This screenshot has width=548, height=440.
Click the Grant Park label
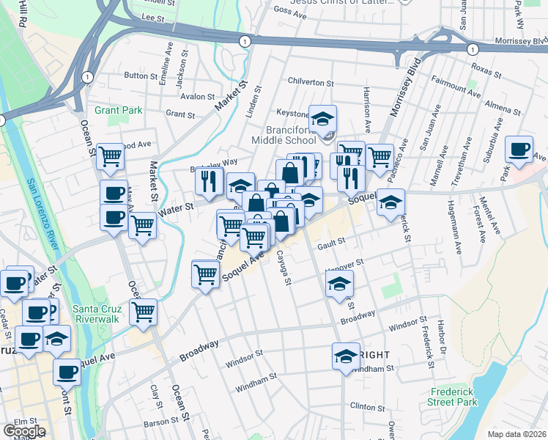[x=117, y=110]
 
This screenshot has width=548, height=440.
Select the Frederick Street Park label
[x=453, y=397]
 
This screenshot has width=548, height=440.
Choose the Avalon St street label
[x=198, y=96]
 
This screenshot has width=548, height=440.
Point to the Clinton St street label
[x=368, y=406]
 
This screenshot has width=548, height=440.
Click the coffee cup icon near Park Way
[x=519, y=150]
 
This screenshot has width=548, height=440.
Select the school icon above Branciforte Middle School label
[x=322, y=118]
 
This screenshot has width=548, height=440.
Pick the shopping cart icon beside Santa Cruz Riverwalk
[x=143, y=312]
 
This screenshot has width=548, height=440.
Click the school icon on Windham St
[x=346, y=356]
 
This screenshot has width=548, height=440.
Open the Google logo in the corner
[x=24, y=431]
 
